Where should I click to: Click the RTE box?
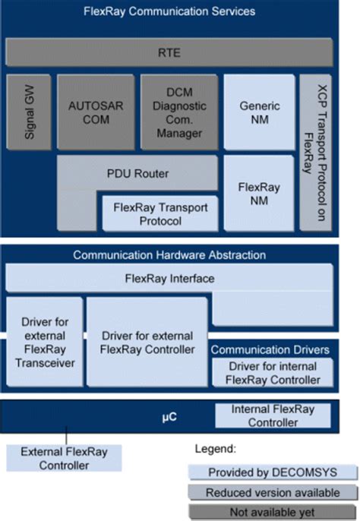pyautogui.click(x=179, y=54)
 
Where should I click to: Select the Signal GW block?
pyautogui.click(x=28, y=112)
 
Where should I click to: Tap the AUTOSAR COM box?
pyautogui.click(x=95, y=112)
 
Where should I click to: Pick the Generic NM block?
pyautogui.click(x=259, y=112)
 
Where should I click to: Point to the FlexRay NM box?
pyautogui.click(x=259, y=193)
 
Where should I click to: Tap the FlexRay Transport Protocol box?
pyautogui.click(x=159, y=213)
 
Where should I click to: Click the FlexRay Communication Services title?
pyautogui.click(x=180, y=11)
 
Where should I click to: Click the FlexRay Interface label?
pyautogui.click(x=169, y=279)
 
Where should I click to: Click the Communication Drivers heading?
pyautogui.click(x=270, y=349)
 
